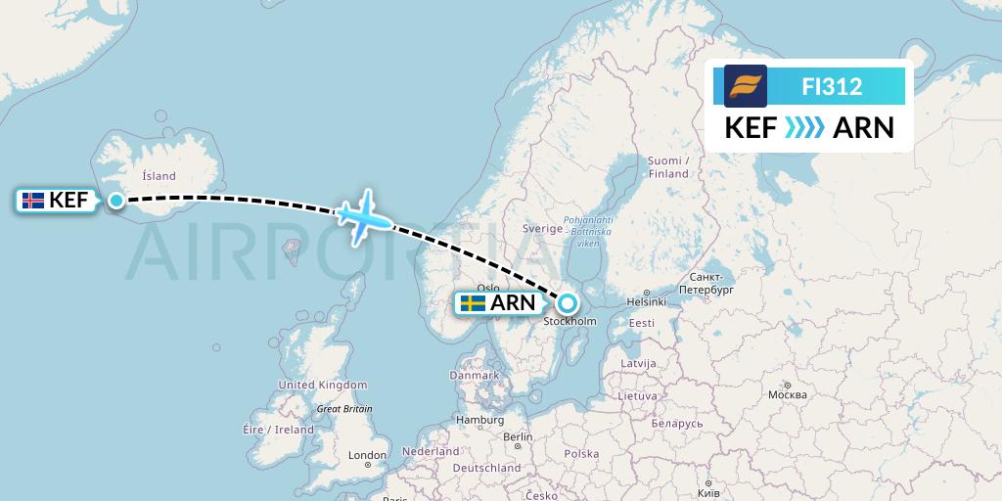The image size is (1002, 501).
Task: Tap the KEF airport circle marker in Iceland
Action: pyautogui.click(x=116, y=201)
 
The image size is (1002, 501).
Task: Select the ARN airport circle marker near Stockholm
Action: pyautogui.click(x=567, y=302)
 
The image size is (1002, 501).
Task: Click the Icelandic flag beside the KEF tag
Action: pyautogui.click(x=33, y=201)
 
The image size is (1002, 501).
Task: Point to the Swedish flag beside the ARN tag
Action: pyautogui.click(x=474, y=303)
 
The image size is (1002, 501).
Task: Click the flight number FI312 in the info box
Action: pyautogui.click(x=832, y=86)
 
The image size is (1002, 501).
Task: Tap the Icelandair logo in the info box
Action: pyautogui.click(x=746, y=85)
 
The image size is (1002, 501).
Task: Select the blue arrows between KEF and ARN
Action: pyautogui.click(x=804, y=128)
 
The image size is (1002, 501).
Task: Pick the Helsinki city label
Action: pyautogui.click(x=646, y=301)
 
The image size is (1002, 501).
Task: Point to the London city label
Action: pyautogui.click(x=367, y=455)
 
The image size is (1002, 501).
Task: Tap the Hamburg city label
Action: pyautogui.click(x=478, y=420)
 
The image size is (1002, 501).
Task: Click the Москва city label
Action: pyautogui.click(x=787, y=394)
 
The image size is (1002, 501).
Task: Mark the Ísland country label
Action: pyautogui.click(x=159, y=176)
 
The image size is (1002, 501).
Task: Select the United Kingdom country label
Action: pyautogui.click(x=323, y=385)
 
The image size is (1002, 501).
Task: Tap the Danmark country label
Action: pyautogui.click(x=475, y=375)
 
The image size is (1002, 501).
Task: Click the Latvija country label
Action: pyautogui.click(x=637, y=363)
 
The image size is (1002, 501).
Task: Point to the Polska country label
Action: pyautogui.click(x=581, y=454)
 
